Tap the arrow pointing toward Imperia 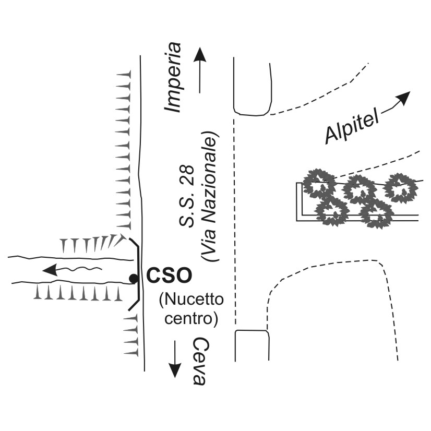tap(200, 70)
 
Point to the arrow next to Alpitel tap(396, 102)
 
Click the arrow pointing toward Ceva tap(175, 360)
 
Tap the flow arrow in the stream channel tap(52, 270)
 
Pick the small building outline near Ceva tap(252, 345)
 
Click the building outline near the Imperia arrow tap(253, 86)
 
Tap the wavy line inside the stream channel tap(83, 268)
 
